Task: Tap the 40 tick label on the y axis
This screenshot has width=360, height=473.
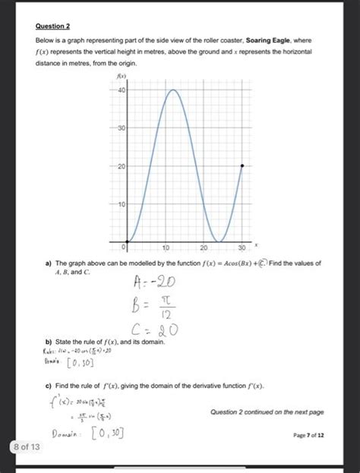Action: (121, 90)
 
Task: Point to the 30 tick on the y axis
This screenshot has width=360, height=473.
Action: (121, 128)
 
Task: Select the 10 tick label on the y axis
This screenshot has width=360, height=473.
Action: (121, 204)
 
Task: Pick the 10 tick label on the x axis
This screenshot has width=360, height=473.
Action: (166, 248)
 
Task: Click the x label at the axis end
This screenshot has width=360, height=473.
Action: (257, 244)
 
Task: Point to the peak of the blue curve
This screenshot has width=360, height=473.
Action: (173, 90)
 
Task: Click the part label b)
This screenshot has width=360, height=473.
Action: (49, 343)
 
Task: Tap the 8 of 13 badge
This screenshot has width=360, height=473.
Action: (29, 447)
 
